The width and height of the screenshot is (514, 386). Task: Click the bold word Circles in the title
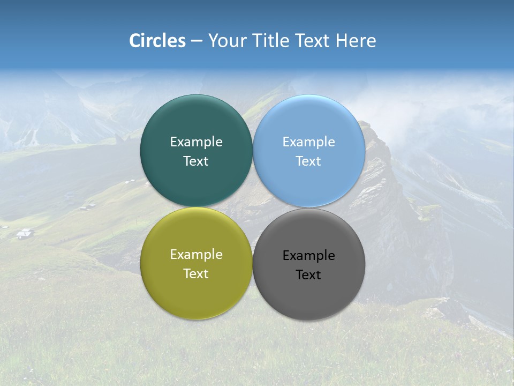click(x=157, y=41)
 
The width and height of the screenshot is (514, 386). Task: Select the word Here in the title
click(x=356, y=41)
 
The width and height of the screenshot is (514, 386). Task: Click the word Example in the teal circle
click(x=196, y=142)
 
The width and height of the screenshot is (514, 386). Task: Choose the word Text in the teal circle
click(x=196, y=161)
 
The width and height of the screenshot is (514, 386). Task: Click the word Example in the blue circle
click(x=309, y=142)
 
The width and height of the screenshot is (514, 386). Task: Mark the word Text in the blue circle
click(x=309, y=161)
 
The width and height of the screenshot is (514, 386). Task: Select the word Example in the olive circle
click(x=196, y=254)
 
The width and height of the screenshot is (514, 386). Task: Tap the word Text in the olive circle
click(x=196, y=273)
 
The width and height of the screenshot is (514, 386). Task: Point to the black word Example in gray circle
click(x=309, y=255)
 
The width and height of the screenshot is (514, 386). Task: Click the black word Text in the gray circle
click(x=309, y=274)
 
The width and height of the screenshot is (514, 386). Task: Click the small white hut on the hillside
click(x=24, y=233)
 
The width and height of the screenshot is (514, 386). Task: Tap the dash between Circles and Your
click(x=196, y=41)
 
